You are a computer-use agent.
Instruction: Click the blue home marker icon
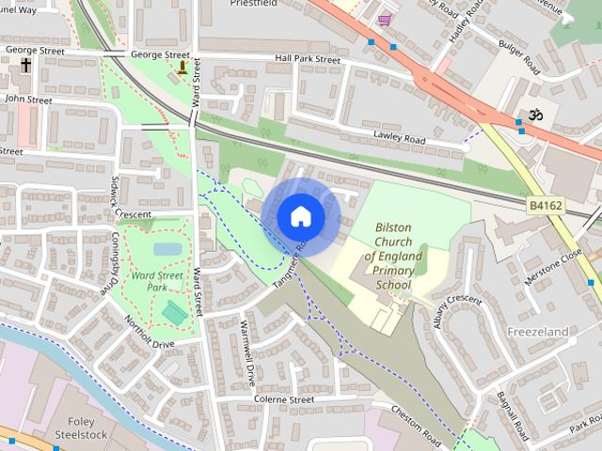(300, 217)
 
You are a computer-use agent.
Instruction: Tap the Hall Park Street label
(308, 59)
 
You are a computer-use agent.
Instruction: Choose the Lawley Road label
(400, 140)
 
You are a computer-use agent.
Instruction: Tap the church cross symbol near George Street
(25, 66)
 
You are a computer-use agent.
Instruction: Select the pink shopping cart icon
(384, 20)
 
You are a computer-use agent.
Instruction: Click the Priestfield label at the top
(257, 4)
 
